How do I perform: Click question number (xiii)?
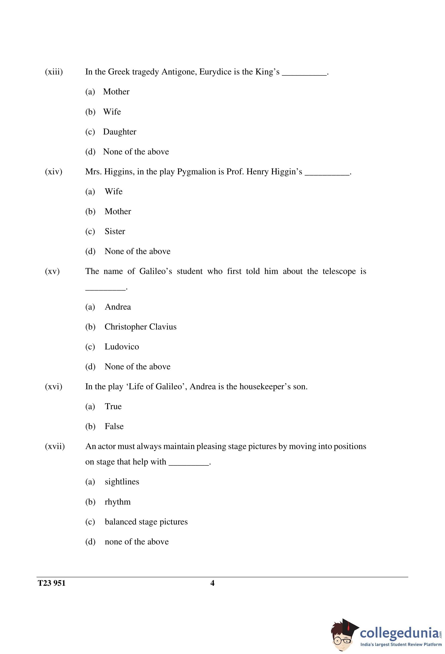click(54, 72)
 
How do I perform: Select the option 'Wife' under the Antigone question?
click(112, 112)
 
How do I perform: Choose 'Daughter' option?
click(119, 132)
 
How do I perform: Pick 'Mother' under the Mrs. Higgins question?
click(118, 211)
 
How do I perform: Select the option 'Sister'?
click(115, 231)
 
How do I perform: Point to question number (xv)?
click(52, 271)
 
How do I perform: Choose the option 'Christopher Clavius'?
click(140, 327)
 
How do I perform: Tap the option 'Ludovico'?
click(122, 347)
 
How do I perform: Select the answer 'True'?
click(113, 406)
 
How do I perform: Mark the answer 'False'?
click(114, 426)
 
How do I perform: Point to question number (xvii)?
click(55, 446)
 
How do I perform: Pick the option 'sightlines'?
click(122, 482)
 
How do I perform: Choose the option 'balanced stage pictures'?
click(146, 522)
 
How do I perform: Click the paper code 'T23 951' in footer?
click(52, 583)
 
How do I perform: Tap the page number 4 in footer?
click(212, 583)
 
